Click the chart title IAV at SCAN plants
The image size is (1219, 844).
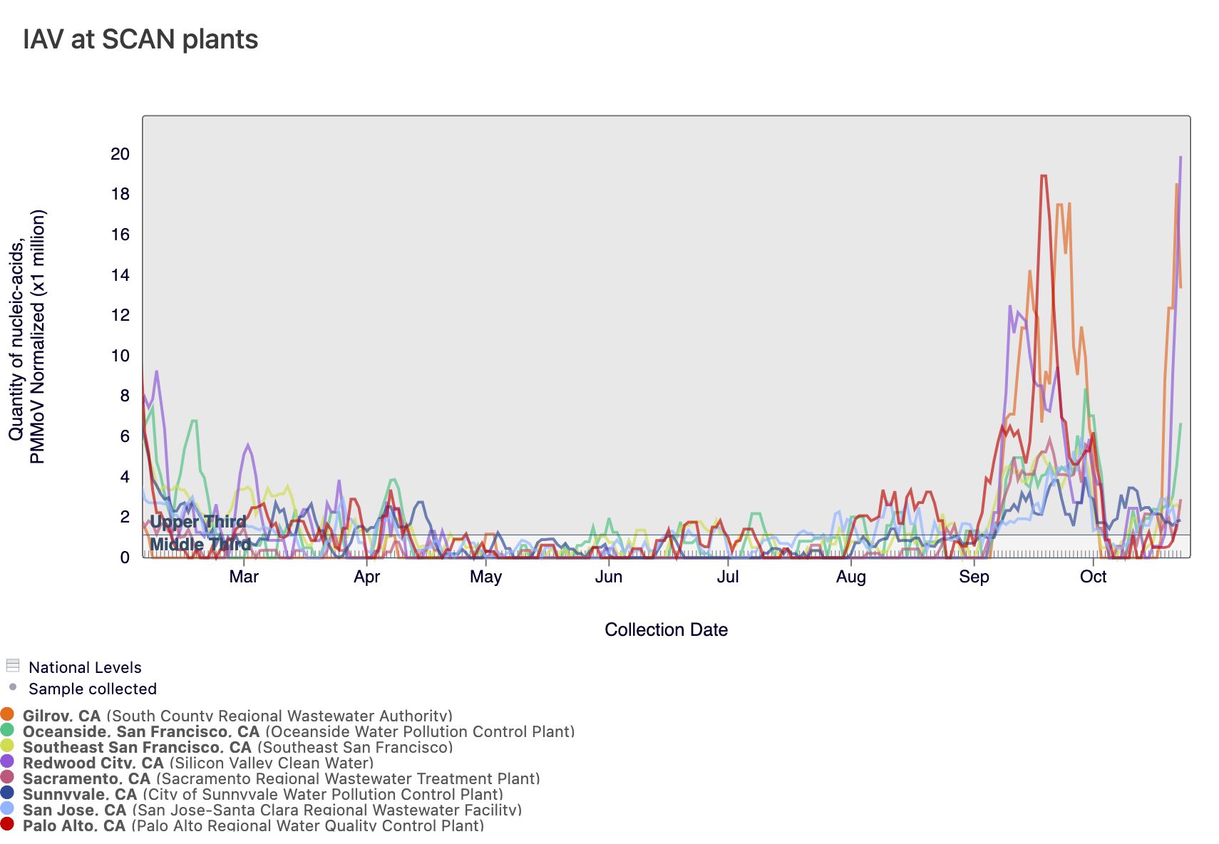[140, 39]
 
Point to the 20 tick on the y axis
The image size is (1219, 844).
[120, 154]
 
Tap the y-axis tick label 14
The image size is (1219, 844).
[120, 275]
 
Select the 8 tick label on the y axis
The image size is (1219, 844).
[125, 396]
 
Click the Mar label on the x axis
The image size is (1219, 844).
[244, 577]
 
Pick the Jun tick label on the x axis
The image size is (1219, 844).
[608, 577]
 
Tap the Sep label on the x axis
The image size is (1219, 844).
[974, 577]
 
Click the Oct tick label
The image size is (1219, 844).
[1093, 577]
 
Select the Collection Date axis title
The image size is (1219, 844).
[666, 629]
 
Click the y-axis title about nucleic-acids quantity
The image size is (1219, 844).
[26, 336]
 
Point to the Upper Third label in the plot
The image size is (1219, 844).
[197, 522]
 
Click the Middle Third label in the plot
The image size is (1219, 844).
[200, 545]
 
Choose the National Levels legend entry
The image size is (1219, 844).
[84, 667]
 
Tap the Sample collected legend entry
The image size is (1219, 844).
[92, 689]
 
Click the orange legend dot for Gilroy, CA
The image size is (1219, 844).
[8, 714]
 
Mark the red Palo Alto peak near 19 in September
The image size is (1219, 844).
[1044, 175]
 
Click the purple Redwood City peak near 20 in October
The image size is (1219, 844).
[1181, 157]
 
